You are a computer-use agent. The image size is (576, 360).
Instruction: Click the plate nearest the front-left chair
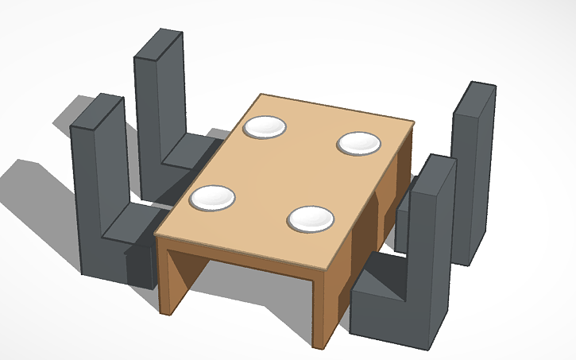click(x=213, y=198)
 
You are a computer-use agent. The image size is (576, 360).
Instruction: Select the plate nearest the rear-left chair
click(x=264, y=127)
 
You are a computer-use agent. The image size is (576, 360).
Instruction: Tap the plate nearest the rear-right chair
click(x=359, y=144)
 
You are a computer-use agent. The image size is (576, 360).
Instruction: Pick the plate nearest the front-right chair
click(x=310, y=219)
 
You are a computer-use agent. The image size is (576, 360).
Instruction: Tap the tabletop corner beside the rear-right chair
click(x=412, y=122)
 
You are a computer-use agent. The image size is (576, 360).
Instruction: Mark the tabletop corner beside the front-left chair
click(x=157, y=234)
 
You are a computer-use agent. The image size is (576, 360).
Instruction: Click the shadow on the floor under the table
click(x=238, y=286)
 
